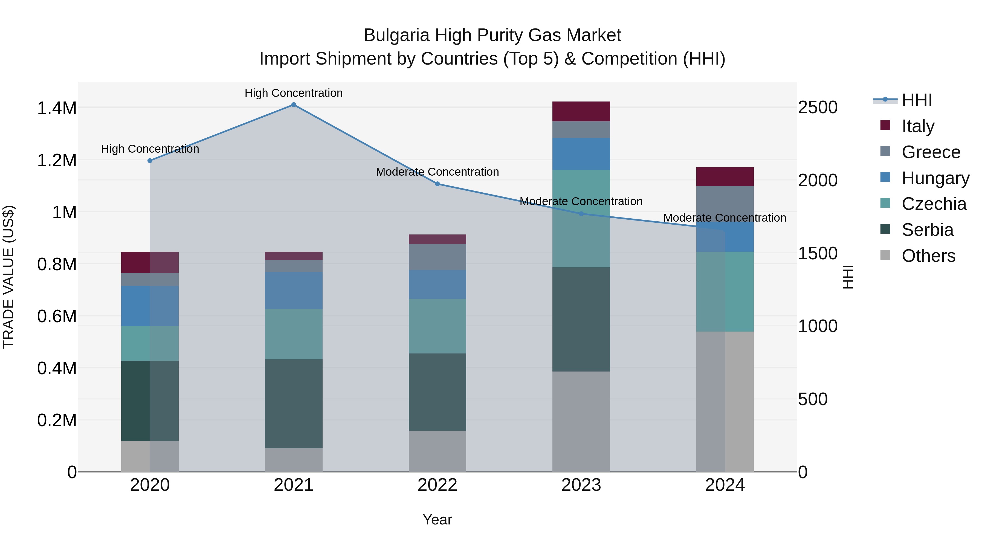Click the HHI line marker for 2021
click(293, 105)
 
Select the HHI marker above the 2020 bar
click(150, 161)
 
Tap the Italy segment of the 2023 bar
click(581, 111)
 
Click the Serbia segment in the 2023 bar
click(581, 319)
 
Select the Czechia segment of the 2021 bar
click(293, 334)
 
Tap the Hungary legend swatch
click(885, 177)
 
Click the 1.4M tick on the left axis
click(57, 108)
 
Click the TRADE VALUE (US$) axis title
click(8, 277)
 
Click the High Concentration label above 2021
click(293, 93)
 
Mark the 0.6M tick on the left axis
click(57, 317)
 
